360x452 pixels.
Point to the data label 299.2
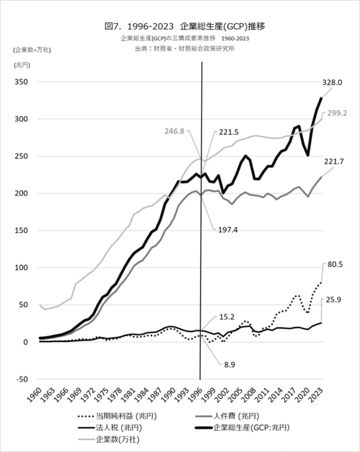tap(337, 113)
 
